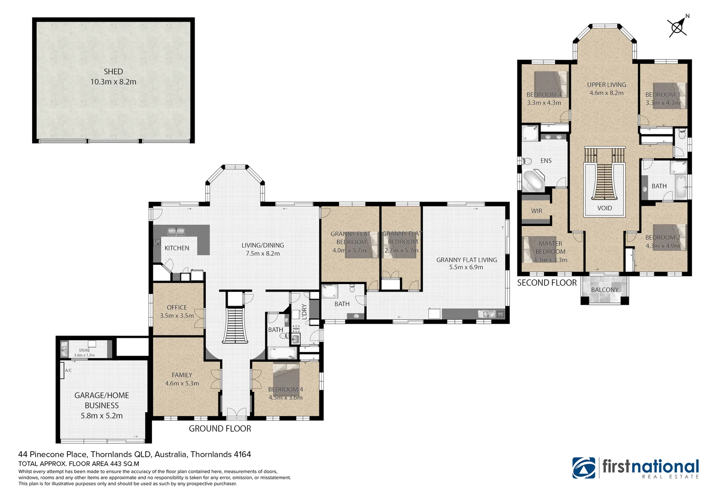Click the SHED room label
tap(113, 72)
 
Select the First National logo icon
tap(584, 467)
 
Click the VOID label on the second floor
tap(605, 208)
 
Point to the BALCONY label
tap(605, 290)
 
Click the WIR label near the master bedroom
tap(537, 211)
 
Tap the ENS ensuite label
tap(546, 161)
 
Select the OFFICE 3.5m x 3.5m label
tap(177, 312)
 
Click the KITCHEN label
tap(177, 248)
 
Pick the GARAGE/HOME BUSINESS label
tap(102, 401)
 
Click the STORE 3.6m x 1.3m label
tap(84, 352)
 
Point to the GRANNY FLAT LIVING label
tap(466, 260)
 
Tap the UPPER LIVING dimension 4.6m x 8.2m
tap(606, 93)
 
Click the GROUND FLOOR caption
tap(220, 429)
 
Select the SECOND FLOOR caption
tap(547, 283)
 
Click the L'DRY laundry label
tap(304, 312)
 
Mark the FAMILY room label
tap(182, 375)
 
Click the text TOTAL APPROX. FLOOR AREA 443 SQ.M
tap(78, 463)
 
